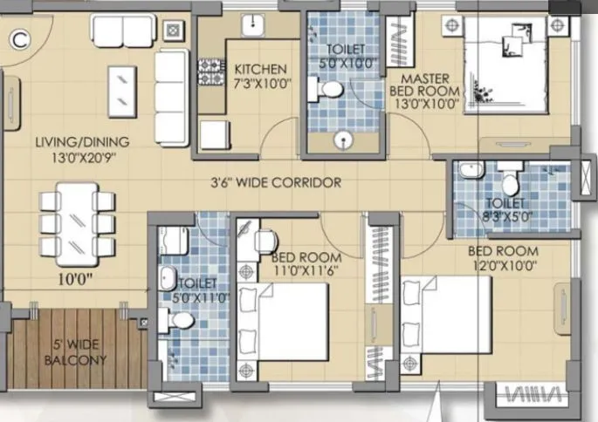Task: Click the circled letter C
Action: pyautogui.click(x=19, y=37)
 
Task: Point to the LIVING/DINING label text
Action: pyautogui.click(x=83, y=142)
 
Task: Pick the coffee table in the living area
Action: pyautogui.click(x=121, y=85)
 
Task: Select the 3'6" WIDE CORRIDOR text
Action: pyautogui.click(x=275, y=183)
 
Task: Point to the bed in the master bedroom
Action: pyautogui.click(x=505, y=64)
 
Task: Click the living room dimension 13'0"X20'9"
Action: pyautogui.click(x=83, y=158)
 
